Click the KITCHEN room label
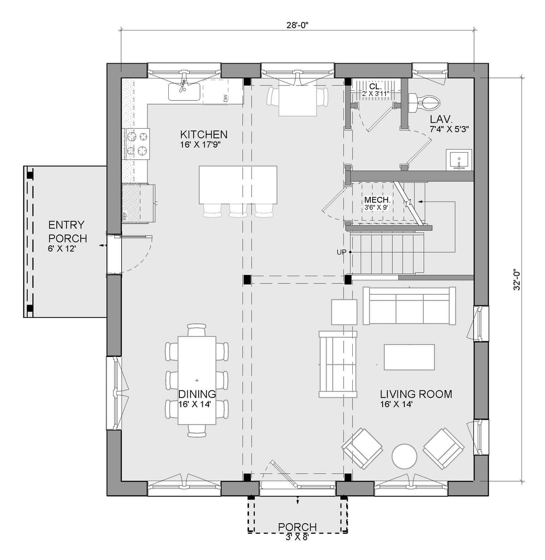pyautogui.click(x=203, y=135)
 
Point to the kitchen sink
pyautogui.click(x=184, y=91)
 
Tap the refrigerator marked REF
pyautogui.click(x=138, y=203)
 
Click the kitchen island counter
pyautogui.click(x=238, y=185)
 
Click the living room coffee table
pyautogui.click(x=409, y=357)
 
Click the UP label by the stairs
pyautogui.click(x=342, y=252)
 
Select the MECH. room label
pyautogui.click(x=377, y=200)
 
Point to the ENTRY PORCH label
pyautogui.click(x=67, y=232)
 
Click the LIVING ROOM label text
pyautogui.click(x=415, y=394)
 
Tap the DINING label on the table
pyautogui.click(x=197, y=394)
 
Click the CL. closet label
pyautogui.click(x=375, y=86)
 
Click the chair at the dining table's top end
pyautogui.click(x=197, y=330)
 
